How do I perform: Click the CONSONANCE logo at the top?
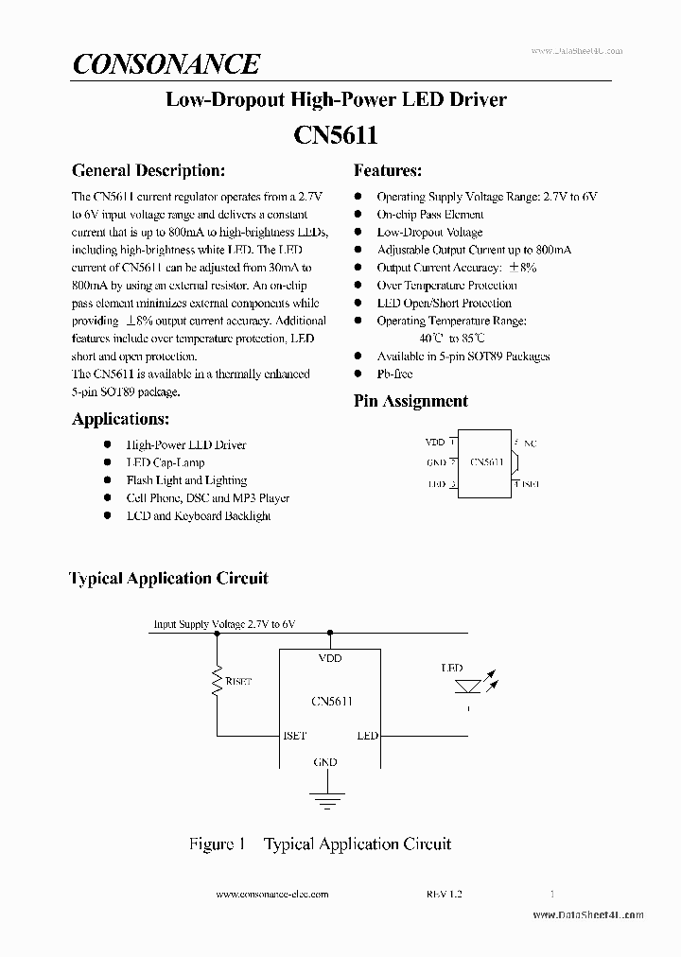[x=166, y=64]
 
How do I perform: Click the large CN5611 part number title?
[x=336, y=135]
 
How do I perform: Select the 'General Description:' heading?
[x=148, y=171]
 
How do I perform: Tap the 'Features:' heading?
[x=388, y=171]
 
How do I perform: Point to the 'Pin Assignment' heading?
[x=410, y=401]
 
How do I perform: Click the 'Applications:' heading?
[x=121, y=419]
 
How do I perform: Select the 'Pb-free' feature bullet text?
[x=395, y=374]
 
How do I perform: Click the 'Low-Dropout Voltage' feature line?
[x=429, y=232]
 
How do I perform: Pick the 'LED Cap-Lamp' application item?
[x=166, y=462]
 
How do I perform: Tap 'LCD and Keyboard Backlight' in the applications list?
[x=199, y=516]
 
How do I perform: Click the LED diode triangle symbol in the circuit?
[x=466, y=686]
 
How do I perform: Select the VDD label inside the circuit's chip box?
[x=329, y=658]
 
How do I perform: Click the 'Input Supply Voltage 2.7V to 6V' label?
[x=224, y=624]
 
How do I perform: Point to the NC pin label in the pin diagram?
[x=530, y=443]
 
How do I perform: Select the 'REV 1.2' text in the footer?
[x=444, y=894]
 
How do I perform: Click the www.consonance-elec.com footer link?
[x=272, y=894]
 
